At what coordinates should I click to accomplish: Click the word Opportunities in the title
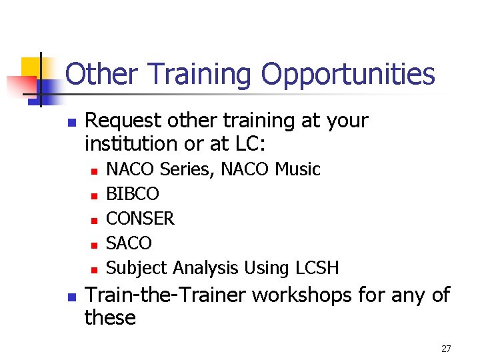coord(347,75)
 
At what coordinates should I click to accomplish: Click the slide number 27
coord(446,349)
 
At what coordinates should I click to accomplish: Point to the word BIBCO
coord(133,194)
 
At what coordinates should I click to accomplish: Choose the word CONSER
coord(140,219)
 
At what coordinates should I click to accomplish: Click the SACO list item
coord(129,243)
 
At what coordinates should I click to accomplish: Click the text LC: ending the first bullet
coord(239,143)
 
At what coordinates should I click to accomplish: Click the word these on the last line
coord(110,317)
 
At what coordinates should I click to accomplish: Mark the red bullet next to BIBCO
coord(94,195)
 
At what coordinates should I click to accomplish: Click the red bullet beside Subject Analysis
coord(94,269)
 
